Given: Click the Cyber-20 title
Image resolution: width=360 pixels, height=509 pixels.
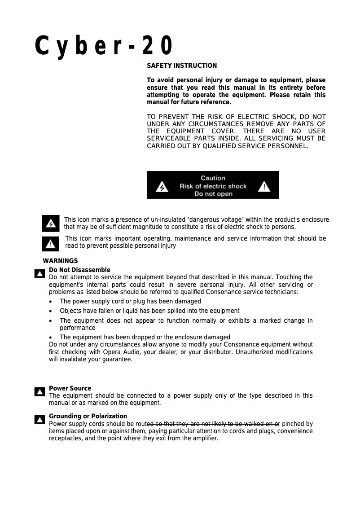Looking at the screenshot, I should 104,46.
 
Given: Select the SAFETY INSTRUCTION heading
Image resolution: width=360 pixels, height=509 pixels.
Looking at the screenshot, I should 182,66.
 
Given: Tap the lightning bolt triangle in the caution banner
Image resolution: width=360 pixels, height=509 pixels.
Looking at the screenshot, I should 162,186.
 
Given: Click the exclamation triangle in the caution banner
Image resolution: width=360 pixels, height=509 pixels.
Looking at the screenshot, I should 264,186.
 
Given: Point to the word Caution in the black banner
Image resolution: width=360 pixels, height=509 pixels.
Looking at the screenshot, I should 213,178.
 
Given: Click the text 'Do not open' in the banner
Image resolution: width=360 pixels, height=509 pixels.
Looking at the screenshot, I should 213,194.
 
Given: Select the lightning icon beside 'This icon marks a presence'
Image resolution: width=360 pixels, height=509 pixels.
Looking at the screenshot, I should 50,223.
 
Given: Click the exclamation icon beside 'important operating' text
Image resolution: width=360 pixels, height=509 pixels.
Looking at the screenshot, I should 50,244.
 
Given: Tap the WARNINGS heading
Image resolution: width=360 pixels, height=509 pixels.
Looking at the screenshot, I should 60,261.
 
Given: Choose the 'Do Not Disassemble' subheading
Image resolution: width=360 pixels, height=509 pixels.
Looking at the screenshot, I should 79,270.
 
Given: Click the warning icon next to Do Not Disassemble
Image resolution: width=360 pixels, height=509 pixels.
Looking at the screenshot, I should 40,273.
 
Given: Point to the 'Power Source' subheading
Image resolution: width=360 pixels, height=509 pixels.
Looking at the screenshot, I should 70,388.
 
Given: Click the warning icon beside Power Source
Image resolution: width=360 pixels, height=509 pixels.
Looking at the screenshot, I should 40,392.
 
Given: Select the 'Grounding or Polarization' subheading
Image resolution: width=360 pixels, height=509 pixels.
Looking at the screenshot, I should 88,416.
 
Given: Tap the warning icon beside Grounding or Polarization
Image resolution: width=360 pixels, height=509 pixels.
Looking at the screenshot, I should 40,420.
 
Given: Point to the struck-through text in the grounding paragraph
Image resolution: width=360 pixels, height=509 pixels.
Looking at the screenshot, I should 214,424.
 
